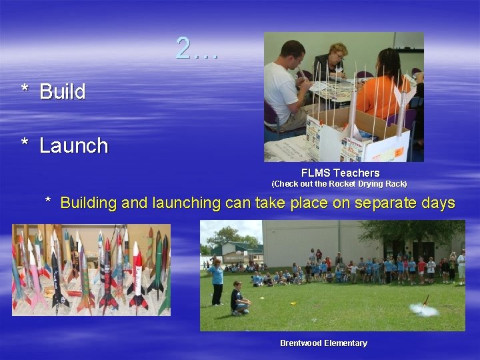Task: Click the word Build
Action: tap(63, 92)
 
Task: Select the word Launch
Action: tap(73, 145)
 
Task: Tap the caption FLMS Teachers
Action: tap(340, 173)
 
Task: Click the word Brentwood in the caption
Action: tap(300, 343)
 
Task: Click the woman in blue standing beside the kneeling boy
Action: tap(217, 281)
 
